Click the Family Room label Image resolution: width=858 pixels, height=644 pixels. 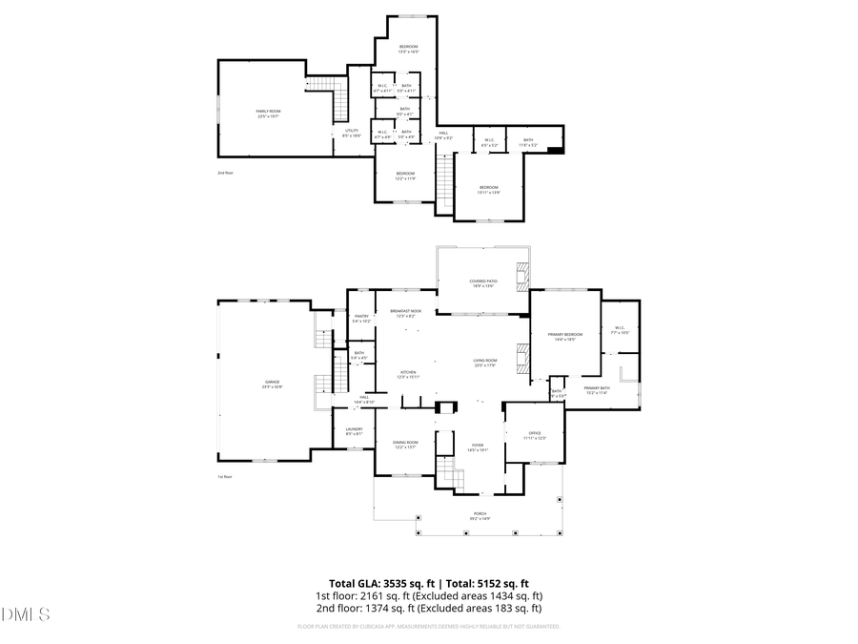pyautogui.click(x=268, y=113)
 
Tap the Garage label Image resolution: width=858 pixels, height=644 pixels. pyautogui.click(x=273, y=383)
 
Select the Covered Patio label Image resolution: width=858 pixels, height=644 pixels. pyautogui.click(x=483, y=281)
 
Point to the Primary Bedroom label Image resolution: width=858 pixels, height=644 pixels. pyautogui.click(x=564, y=335)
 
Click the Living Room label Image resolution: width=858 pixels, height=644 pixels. pyautogui.click(x=485, y=361)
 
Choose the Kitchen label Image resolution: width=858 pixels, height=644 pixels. pyautogui.click(x=408, y=372)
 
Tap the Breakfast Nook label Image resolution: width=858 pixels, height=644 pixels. pyautogui.click(x=405, y=312)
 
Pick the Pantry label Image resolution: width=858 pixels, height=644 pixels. pyautogui.click(x=361, y=318)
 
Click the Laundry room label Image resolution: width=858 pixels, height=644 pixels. pyautogui.click(x=354, y=430)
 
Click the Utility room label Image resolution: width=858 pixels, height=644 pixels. pyautogui.click(x=352, y=132)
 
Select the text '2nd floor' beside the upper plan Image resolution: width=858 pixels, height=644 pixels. pyautogui.click(x=225, y=173)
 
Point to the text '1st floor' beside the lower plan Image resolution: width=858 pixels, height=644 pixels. pyautogui.click(x=225, y=477)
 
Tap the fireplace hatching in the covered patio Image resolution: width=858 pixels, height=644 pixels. pyautogui.click(x=520, y=277)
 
